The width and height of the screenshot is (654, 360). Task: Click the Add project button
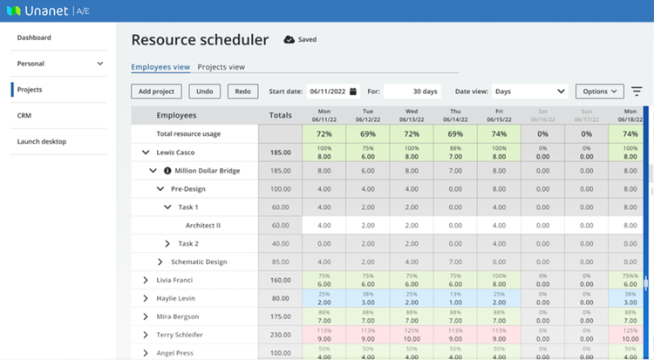tap(156, 91)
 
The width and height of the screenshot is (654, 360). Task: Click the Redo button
tap(242, 91)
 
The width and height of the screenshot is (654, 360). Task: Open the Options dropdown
tap(600, 91)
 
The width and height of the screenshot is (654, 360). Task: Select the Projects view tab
tap(221, 66)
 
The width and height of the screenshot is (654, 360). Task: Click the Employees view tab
tap(160, 66)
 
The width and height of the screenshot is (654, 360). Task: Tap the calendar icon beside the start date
tap(353, 91)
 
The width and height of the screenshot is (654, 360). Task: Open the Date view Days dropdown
tap(529, 91)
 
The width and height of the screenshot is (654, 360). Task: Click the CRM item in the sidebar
tap(24, 115)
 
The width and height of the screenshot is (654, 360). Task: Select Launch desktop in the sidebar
tap(41, 141)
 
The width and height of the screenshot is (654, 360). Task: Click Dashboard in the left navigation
tap(34, 37)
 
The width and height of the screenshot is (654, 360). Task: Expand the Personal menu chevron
tap(100, 64)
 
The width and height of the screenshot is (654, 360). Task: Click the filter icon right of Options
tap(637, 91)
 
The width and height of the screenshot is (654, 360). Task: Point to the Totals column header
tap(280, 115)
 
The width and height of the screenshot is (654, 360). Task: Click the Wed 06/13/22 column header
tap(411, 115)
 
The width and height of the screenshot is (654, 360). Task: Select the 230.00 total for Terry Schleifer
tap(280, 335)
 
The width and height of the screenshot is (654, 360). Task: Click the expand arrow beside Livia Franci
tap(146, 280)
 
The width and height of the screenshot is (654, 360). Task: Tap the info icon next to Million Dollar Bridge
tap(167, 171)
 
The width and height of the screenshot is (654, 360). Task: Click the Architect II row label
tap(202, 225)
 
